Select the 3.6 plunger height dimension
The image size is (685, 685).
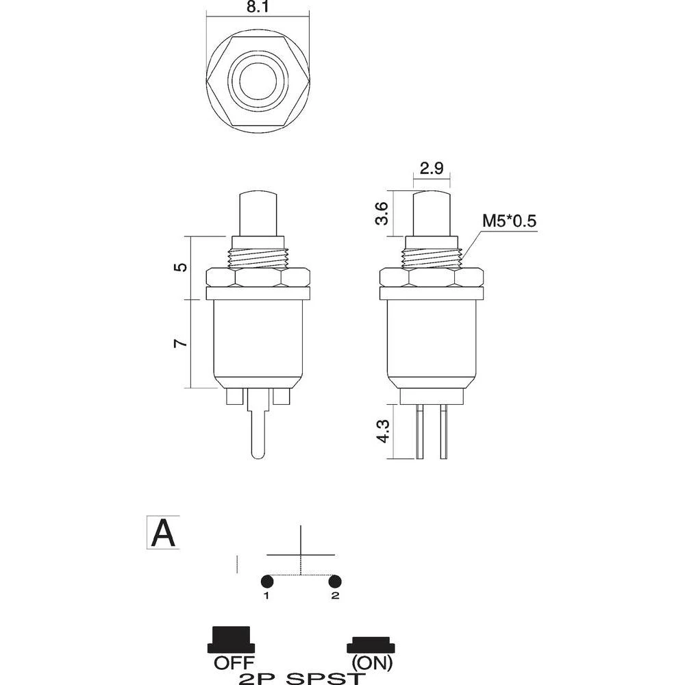(384, 213)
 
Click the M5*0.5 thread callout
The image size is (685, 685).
(508, 221)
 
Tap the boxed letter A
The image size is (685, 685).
(163, 532)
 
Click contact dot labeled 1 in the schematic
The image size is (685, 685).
(267, 581)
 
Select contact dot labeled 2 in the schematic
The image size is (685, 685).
(335, 581)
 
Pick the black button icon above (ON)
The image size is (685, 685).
(371, 645)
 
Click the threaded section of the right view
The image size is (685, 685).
(432, 258)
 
